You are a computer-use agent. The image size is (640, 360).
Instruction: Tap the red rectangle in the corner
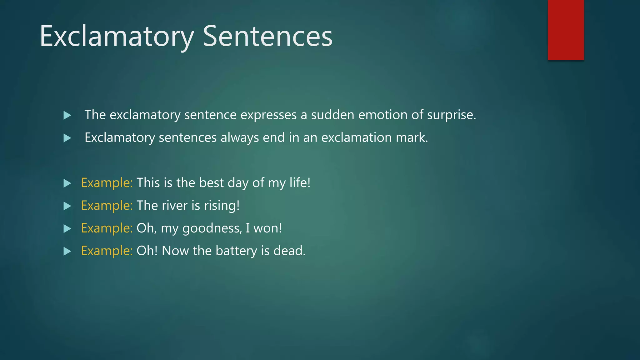[x=566, y=30]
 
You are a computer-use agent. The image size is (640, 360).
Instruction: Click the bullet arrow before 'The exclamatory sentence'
[x=67, y=115]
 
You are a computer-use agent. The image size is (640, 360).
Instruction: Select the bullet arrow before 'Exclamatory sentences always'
[x=67, y=138]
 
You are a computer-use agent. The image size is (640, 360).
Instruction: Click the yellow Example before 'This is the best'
[x=107, y=183]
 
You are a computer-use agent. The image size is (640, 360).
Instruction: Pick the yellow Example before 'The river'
[x=107, y=206]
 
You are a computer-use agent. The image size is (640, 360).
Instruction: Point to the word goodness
[x=211, y=228]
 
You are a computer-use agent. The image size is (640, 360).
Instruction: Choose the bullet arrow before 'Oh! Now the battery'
[x=67, y=251]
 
